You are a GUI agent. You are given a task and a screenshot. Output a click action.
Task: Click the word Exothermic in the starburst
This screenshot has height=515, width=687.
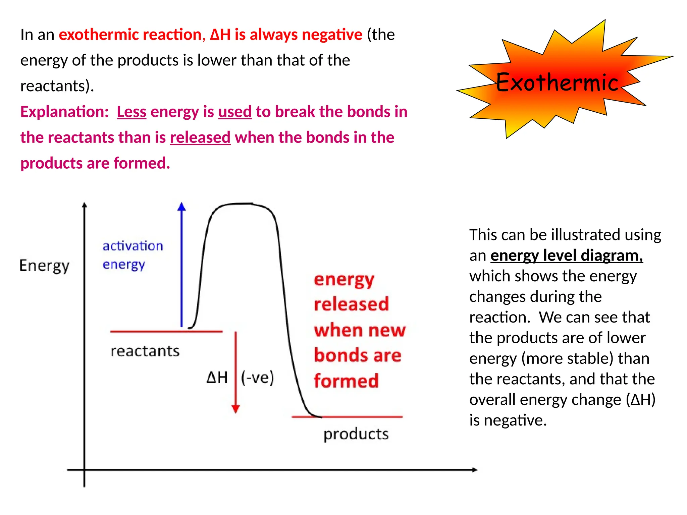click(557, 82)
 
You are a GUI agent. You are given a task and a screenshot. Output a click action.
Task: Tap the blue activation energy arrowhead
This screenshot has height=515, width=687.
click(181, 207)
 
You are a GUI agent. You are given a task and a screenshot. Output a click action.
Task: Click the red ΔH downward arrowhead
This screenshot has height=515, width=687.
click(235, 409)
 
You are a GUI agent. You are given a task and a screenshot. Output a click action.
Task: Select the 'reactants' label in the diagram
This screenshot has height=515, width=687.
click(145, 351)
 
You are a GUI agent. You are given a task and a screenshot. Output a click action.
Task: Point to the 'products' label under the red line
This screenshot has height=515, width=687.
click(356, 434)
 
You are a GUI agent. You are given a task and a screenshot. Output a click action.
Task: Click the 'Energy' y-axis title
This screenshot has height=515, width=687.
click(44, 266)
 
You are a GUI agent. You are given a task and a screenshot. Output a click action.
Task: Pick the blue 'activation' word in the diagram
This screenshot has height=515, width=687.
click(133, 246)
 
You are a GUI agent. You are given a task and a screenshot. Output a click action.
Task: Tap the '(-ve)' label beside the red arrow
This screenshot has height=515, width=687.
click(257, 378)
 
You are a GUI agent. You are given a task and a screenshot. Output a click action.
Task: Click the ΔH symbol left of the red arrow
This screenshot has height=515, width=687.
click(217, 378)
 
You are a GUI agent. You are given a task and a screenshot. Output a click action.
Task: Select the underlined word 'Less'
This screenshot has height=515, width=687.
click(131, 112)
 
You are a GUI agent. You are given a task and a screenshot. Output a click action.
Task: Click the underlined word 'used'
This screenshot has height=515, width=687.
click(235, 112)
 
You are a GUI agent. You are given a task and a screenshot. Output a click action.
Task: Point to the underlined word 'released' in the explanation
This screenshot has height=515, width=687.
click(200, 137)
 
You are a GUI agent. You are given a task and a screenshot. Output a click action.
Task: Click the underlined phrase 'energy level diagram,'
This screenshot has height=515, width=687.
click(567, 255)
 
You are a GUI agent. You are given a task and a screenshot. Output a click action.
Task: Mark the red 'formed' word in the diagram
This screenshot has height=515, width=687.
click(346, 381)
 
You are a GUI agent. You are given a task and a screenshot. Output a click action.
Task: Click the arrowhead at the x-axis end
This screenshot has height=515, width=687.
click(474, 470)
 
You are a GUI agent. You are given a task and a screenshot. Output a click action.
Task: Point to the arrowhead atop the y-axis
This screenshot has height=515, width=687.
click(84, 205)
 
